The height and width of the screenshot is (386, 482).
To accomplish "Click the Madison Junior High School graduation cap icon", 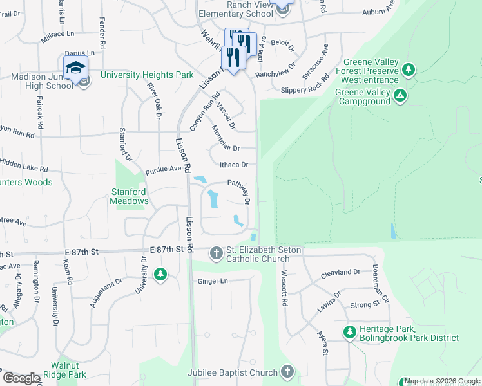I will point(75,67).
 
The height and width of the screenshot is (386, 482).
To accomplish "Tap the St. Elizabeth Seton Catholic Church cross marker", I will point(216,254).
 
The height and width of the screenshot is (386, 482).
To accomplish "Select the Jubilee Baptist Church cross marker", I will point(287,372).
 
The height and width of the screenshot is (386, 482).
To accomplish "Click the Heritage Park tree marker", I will point(349,332).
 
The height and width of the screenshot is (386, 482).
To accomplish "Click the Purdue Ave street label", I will point(164,169).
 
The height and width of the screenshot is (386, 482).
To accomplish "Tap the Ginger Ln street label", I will point(213,281).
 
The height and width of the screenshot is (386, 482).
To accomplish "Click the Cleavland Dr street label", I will point(340,272).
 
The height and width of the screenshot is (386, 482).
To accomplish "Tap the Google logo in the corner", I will point(21,378).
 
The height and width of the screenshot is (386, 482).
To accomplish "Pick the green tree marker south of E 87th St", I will point(160,275).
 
